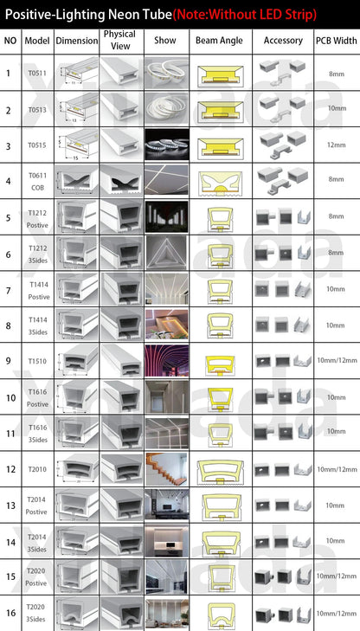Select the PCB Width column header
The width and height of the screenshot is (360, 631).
coord(336,41)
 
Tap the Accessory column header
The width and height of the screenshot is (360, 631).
coord(282,41)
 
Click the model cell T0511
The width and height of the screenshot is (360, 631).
coord(37,74)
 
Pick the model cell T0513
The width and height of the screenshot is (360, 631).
coord(37,110)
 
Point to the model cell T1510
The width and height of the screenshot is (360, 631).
coord(37,360)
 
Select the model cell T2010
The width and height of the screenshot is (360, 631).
coord(37,468)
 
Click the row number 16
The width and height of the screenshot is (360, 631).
coord(10,612)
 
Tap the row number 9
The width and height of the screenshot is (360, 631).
coord(10,360)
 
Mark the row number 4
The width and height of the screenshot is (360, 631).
coord(10,181)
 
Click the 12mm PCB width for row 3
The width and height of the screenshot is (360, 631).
coord(336,145)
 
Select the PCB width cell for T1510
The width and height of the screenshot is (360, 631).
coord(336,360)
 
